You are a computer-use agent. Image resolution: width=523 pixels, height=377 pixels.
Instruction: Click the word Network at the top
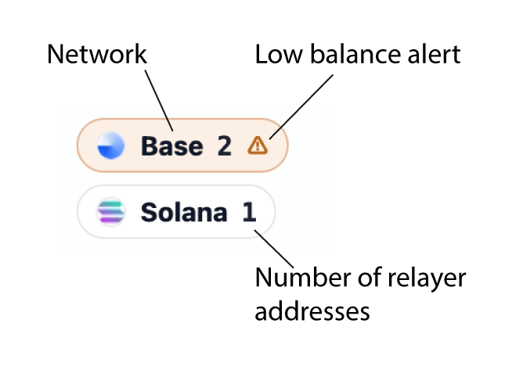(96, 55)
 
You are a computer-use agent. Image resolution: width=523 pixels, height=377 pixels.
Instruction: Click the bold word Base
(171, 145)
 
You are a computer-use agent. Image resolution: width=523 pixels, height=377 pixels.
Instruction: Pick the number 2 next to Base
(224, 145)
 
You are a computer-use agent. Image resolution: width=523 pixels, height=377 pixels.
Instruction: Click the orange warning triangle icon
(258, 145)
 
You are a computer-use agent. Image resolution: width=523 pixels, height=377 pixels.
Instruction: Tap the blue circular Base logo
(110, 145)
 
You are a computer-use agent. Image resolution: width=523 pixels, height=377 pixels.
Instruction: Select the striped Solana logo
(110, 212)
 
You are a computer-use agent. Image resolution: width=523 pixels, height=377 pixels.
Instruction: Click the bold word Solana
(184, 212)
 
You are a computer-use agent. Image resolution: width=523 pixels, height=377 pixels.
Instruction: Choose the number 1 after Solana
(248, 212)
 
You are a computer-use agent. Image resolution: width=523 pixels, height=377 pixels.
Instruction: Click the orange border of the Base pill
(182, 120)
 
